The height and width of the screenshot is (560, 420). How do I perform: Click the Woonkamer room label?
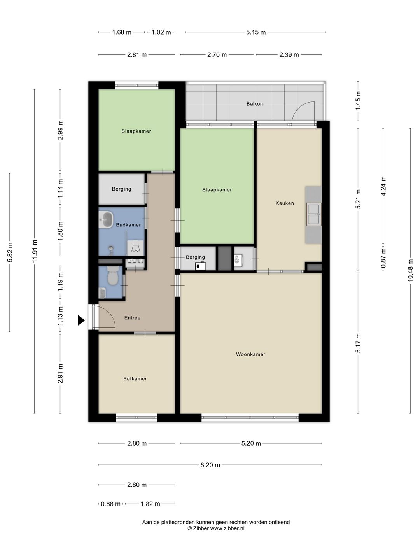click(x=250, y=354)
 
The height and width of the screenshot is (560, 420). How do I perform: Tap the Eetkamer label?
click(x=135, y=379)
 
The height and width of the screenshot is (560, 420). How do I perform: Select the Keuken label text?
click(x=285, y=203)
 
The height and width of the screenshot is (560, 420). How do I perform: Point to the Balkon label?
click(x=254, y=104)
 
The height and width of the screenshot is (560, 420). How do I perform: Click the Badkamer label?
click(x=128, y=225)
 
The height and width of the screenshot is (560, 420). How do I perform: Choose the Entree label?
click(x=132, y=318)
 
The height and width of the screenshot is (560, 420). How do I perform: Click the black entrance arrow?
click(x=81, y=320)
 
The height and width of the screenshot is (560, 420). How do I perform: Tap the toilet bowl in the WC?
click(x=112, y=276)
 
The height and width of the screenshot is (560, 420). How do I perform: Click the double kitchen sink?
click(x=314, y=214)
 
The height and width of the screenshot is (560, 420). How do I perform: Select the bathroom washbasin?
click(x=106, y=219)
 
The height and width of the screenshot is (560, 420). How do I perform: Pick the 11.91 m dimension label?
click(x=35, y=251)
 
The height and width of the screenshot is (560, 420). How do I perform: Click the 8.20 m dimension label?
click(x=210, y=465)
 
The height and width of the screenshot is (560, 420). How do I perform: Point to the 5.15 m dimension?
click(x=256, y=32)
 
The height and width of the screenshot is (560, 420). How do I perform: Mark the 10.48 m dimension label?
click(x=410, y=270)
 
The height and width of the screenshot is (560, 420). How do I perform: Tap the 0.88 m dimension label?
click(x=111, y=504)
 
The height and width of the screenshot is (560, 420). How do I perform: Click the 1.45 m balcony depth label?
click(x=358, y=100)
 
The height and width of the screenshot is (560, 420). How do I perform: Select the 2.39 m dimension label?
click(x=289, y=54)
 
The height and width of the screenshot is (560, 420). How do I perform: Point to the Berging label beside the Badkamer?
click(x=121, y=189)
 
